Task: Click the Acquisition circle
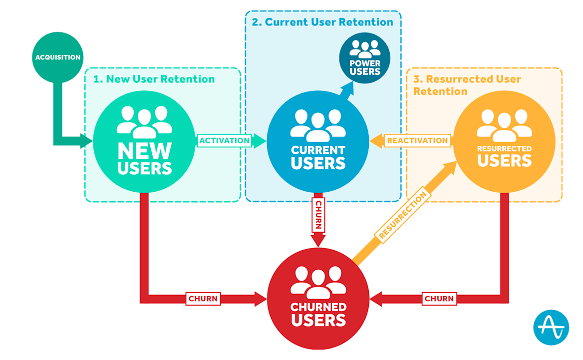click(57, 57)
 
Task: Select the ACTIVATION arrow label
click(224, 140)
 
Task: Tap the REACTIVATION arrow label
click(417, 141)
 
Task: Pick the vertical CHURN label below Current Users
click(318, 215)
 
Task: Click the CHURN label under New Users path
click(203, 299)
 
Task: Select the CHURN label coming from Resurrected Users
click(439, 299)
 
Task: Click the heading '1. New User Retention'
click(154, 79)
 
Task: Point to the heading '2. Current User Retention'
click(323, 22)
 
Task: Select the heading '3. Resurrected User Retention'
click(467, 85)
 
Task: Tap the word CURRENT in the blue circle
click(318, 150)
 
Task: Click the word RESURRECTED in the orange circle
click(504, 149)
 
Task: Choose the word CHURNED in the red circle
click(318, 307)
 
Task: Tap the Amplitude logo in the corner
click(551, 328)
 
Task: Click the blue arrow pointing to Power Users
click(346, 91)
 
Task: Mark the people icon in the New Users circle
click(145, 121)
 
